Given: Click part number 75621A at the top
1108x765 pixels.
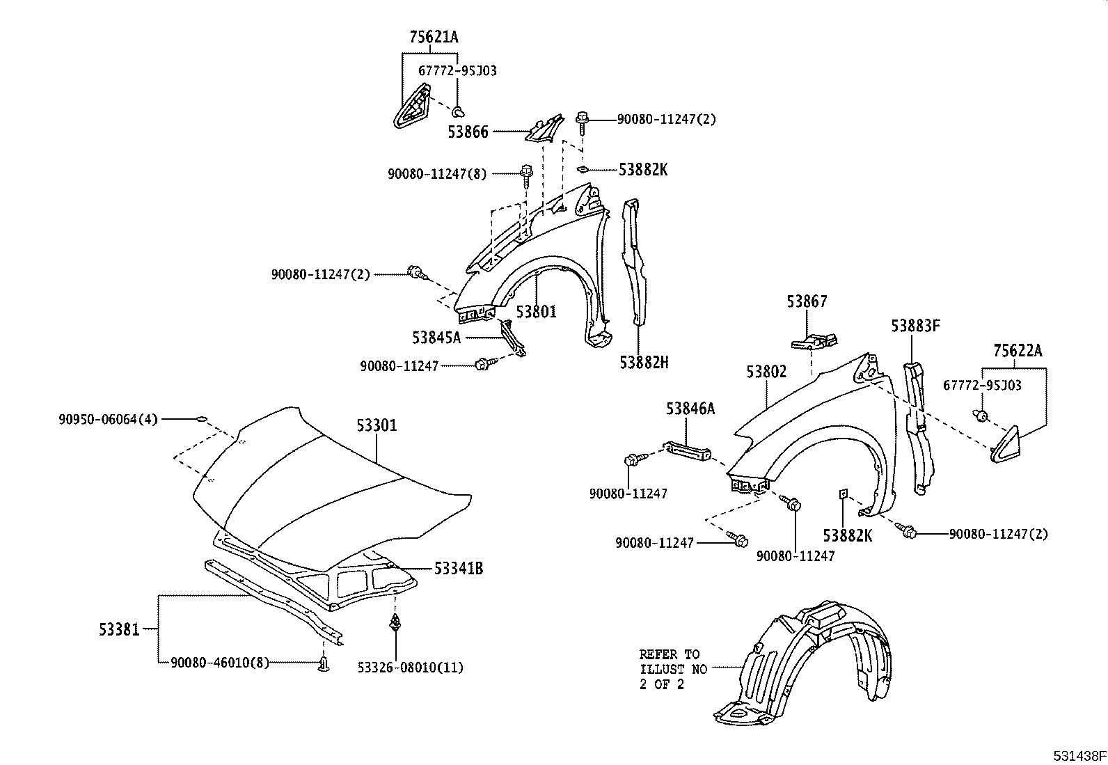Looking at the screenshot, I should (x=434, y=38).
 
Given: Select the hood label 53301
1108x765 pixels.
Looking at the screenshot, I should (x=377, y=424).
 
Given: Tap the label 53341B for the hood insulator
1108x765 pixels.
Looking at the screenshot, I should (x=458, y=569).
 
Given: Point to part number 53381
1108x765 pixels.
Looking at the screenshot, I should (x=119, y=630).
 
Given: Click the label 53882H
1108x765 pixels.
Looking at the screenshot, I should (x=644, y=362).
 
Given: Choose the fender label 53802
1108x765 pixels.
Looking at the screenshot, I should (x=766, y=372).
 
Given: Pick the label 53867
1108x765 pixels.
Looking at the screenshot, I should (x=807, y=301).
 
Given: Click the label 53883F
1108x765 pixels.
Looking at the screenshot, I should (x=916, y=326).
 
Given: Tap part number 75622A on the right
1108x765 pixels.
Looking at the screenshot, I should (x=1018, y=351).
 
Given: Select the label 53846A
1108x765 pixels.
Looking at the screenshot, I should (x=690, y=409).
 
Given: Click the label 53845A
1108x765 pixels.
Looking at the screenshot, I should (x=436, y=338).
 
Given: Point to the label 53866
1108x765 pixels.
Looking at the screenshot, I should (x=468, y=132).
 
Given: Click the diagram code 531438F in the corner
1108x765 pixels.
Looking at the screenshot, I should (x=1079, y=756).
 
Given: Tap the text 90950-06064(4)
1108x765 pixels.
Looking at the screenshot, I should (x=108, y=419).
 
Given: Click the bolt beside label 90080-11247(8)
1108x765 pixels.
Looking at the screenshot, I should (x=525, y=173).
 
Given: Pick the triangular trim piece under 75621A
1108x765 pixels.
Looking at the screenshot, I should (x=412, y=107).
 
